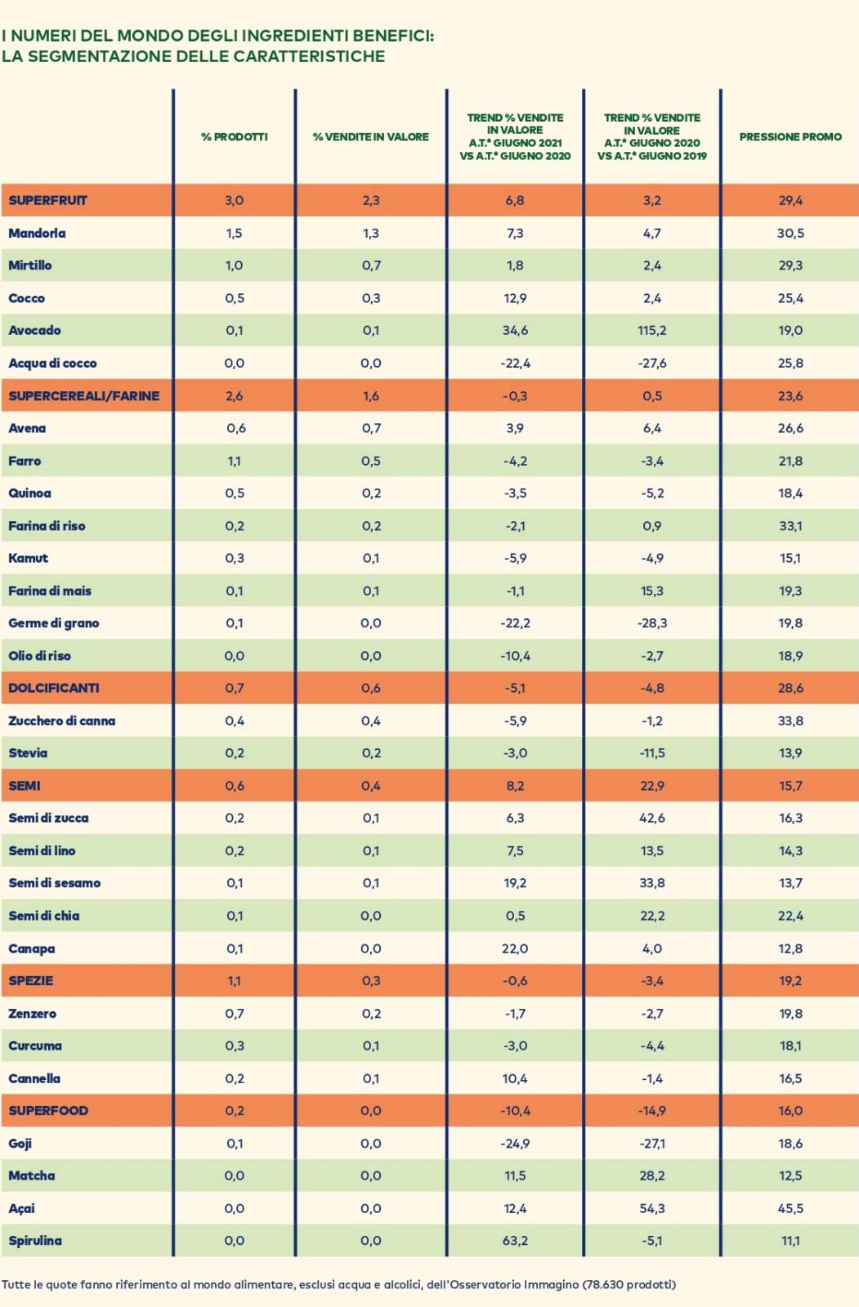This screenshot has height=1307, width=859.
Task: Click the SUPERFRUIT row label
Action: pos(47,200)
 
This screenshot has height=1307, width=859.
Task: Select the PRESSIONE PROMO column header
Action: pos(790,136)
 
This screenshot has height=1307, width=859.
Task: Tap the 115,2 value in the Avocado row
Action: pos(651,330)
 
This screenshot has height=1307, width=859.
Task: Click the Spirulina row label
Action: pos(35,1240)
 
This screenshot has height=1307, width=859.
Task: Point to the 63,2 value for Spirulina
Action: pos(515,1240)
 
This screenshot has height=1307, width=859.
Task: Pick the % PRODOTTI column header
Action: pos(235,136)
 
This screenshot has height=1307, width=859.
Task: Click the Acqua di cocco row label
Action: pos(52,363)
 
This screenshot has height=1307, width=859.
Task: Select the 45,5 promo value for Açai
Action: pos(790,1208)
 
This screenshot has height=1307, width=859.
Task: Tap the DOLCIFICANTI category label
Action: pos(54,688)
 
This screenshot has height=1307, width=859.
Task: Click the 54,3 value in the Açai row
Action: pos(651,1208)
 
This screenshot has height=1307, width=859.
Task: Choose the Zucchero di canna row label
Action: pos(62,720)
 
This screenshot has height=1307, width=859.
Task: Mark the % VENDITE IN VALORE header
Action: pos(371,136)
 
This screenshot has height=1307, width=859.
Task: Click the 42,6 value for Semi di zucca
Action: pos(651,818)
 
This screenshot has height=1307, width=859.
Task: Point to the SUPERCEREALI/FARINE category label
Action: pos(84,395)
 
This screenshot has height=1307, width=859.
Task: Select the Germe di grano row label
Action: pos(54,622)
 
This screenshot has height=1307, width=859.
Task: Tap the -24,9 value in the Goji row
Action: pos(515,1143)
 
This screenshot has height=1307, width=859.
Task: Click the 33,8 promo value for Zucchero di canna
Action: pos(790,720)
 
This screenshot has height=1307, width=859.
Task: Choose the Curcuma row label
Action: pos(35,1046)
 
